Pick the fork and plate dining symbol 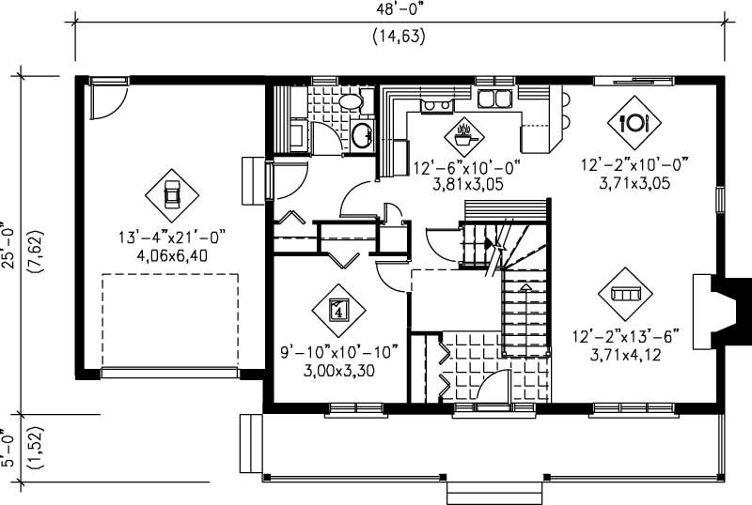tap(634, 122)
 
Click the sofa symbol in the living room tap(625, 293)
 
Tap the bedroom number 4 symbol tap(339, 307)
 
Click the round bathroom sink tap(361, 135)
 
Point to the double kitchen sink tap(493, 98)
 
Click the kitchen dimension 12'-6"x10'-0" tap(467, 168)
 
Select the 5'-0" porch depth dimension tap(10, 448)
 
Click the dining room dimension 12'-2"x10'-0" tap(634, 166)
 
